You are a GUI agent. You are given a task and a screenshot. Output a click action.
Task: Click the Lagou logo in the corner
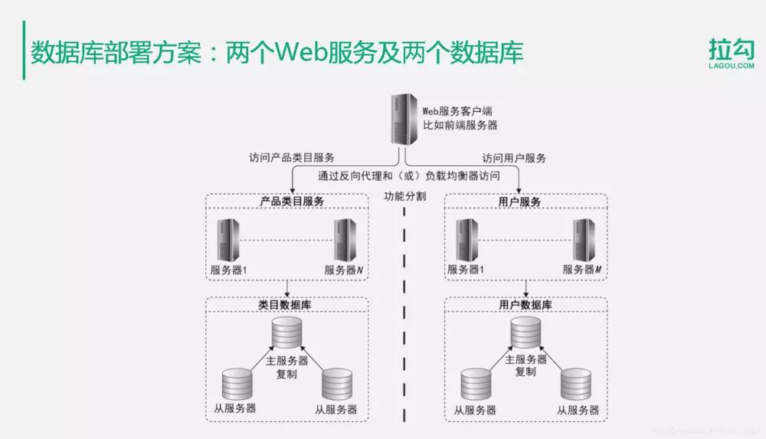731,54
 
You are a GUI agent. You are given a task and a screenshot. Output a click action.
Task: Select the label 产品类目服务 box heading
287,201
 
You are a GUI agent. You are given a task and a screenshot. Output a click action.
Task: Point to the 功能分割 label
404,196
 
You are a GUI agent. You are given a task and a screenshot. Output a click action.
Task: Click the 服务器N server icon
345,239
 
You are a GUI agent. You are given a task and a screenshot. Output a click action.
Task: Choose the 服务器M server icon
584,239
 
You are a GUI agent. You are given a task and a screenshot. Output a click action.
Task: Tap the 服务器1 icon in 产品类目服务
228,239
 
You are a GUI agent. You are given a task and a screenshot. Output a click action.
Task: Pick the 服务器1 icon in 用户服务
466,239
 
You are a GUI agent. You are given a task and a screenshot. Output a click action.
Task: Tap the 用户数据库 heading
525,305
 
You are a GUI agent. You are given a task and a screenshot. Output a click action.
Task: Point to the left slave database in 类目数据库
236,385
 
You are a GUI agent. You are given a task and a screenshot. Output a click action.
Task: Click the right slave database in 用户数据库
576,385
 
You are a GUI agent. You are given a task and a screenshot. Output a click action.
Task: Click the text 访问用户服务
514,159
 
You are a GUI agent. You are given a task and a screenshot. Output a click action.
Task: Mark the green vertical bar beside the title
23,51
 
